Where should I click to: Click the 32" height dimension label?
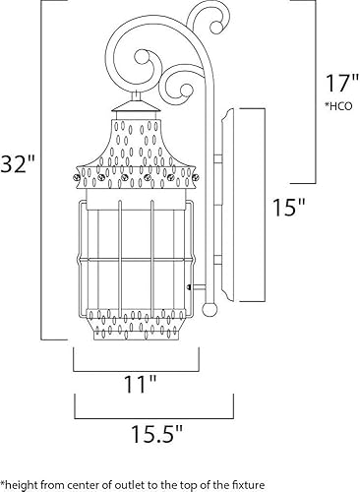coord(18,160)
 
